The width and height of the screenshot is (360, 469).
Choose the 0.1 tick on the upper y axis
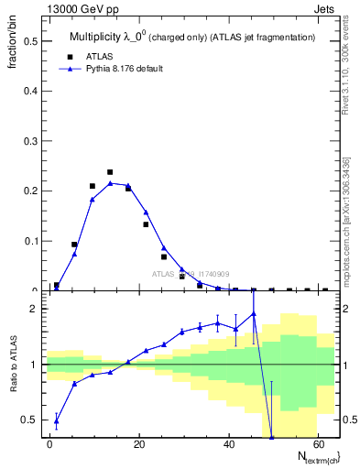click(30, 242)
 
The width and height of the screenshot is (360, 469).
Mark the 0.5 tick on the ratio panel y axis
click(30, 420)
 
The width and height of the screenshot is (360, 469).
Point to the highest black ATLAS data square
click(110, 172)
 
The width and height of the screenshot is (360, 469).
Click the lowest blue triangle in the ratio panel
click(271, 438)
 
